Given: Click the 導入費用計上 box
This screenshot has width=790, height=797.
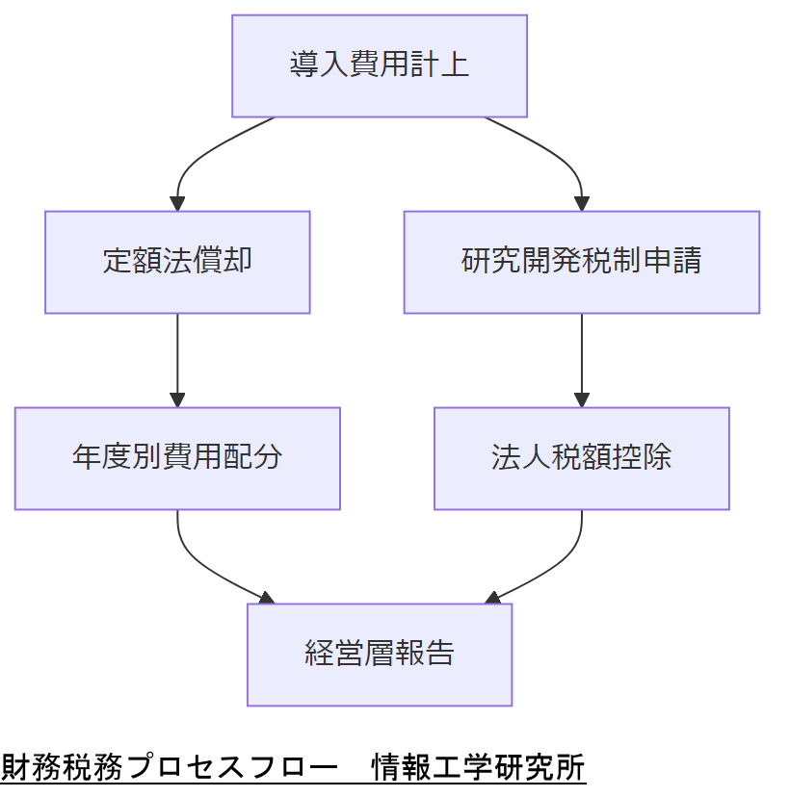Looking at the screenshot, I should tap(379, 65).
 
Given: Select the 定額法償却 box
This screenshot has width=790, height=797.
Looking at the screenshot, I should tap(177, 262).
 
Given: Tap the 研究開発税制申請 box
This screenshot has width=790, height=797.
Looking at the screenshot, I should tap(581, 262).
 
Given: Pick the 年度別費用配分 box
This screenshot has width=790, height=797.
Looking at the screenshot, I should tap(177, 458).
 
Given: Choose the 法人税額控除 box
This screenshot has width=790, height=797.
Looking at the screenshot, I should tap(581, 458).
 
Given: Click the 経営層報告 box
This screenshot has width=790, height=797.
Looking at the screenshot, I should tap(379, 655).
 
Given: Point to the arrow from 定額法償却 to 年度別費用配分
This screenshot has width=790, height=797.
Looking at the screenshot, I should tap(177, 356).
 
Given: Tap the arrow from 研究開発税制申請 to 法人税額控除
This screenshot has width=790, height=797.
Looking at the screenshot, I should tap(581, 356).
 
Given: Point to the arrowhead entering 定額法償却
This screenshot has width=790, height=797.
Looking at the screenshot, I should tap(177, 204).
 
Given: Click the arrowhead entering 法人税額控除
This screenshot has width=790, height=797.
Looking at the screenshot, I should tap(581, 400).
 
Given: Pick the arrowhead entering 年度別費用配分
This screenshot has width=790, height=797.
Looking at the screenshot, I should tap(177, 400).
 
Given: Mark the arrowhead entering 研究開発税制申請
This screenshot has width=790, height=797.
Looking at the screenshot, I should tap(581, 204).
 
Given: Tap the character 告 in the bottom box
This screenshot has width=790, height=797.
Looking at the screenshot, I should tap(439, 655).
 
